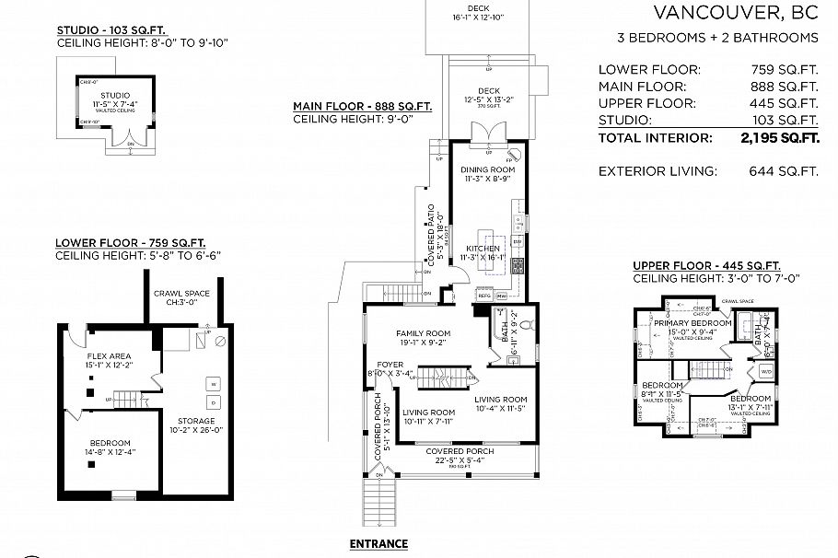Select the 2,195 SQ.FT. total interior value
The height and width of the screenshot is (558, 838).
(x=779, y=138)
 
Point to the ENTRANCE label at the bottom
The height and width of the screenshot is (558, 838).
(x=378, y=543)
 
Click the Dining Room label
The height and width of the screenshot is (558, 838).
(x=488, y=170)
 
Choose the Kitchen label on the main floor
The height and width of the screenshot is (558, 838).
(x=483, y=249)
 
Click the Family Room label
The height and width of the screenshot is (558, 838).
(x=423, y=333)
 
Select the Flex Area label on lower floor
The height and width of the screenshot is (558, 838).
(x=109, y=355)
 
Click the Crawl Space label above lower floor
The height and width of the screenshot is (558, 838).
(x=181, y=294)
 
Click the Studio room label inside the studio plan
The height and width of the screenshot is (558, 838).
(x=115, y=95)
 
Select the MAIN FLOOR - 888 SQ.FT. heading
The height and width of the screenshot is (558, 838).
(x=362, y=107)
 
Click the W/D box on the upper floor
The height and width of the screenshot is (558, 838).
(x=766, y=372)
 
